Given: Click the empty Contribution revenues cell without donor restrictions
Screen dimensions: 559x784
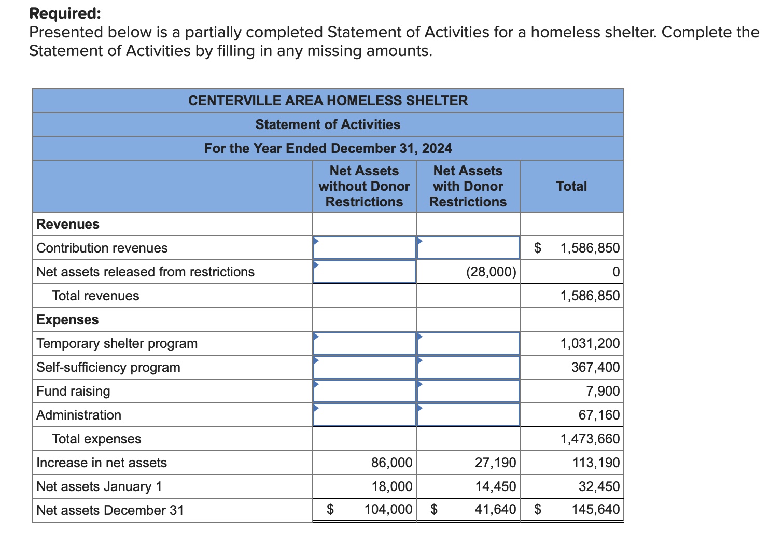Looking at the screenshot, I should (364, 248).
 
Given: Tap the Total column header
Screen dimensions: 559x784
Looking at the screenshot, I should (571, 186).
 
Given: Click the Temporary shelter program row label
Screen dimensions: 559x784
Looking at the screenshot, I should (117, 343).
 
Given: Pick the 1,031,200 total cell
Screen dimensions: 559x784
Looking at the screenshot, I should (590, 343).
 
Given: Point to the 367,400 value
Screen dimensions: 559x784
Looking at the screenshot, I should (595, 367).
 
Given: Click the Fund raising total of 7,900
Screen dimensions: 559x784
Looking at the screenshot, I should (603, 391).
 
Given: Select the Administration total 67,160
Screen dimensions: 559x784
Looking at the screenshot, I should (599, 415).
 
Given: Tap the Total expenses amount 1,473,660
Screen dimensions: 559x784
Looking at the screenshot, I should (590, 439).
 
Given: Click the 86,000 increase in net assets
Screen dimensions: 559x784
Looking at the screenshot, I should (391, 463).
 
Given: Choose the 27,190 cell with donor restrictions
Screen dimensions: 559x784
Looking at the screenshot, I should (495, 463).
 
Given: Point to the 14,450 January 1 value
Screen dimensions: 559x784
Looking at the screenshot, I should (495, 486).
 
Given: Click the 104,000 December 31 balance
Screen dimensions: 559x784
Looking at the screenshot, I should (388, 510).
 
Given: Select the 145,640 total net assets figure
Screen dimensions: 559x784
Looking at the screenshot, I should (595, 510).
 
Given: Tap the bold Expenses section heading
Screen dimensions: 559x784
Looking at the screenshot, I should (67, 319).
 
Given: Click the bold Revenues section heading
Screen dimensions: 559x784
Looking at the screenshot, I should (68, 224).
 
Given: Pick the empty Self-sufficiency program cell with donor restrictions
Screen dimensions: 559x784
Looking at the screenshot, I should (468, 367).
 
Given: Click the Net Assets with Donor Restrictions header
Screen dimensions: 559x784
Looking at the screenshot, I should (468, 186).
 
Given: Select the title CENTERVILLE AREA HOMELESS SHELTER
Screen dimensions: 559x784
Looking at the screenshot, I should (328, 101).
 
